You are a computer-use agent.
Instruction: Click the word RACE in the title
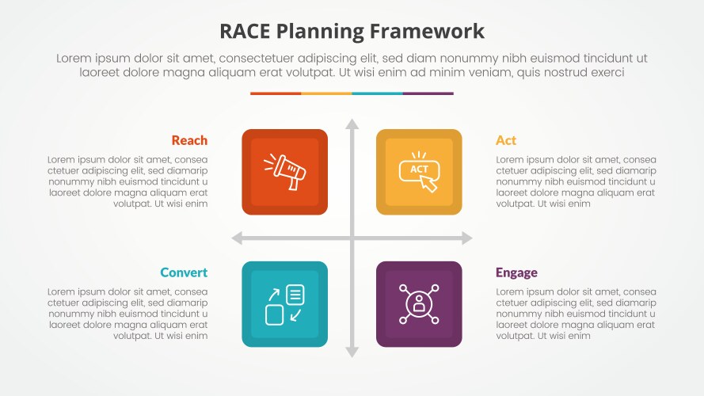point(245,32)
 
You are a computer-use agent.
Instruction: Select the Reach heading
point(189,140)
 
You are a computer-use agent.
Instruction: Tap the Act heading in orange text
point(506,140)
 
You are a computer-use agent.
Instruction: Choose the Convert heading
point(184,272)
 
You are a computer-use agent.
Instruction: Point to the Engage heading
point(516,273)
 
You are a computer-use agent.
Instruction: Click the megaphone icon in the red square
point(284,172)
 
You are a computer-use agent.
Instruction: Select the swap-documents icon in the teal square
point(284,304)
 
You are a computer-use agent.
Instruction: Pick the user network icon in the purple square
point(419,304)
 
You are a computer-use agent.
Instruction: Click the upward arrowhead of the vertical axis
point(352,124)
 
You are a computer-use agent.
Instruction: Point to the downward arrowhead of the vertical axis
point(352,352)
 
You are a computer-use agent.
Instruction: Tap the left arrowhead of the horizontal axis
point(237,238)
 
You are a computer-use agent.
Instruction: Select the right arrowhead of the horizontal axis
point(467,238)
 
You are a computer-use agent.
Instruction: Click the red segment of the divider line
point(276,93)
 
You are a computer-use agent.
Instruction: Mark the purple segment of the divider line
point(428,93)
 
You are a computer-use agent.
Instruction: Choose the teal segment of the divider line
point(377,93)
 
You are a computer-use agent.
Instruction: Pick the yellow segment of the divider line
point(326,93)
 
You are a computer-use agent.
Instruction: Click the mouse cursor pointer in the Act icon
point(428,183)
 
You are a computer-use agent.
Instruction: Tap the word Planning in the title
point(320,32)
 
